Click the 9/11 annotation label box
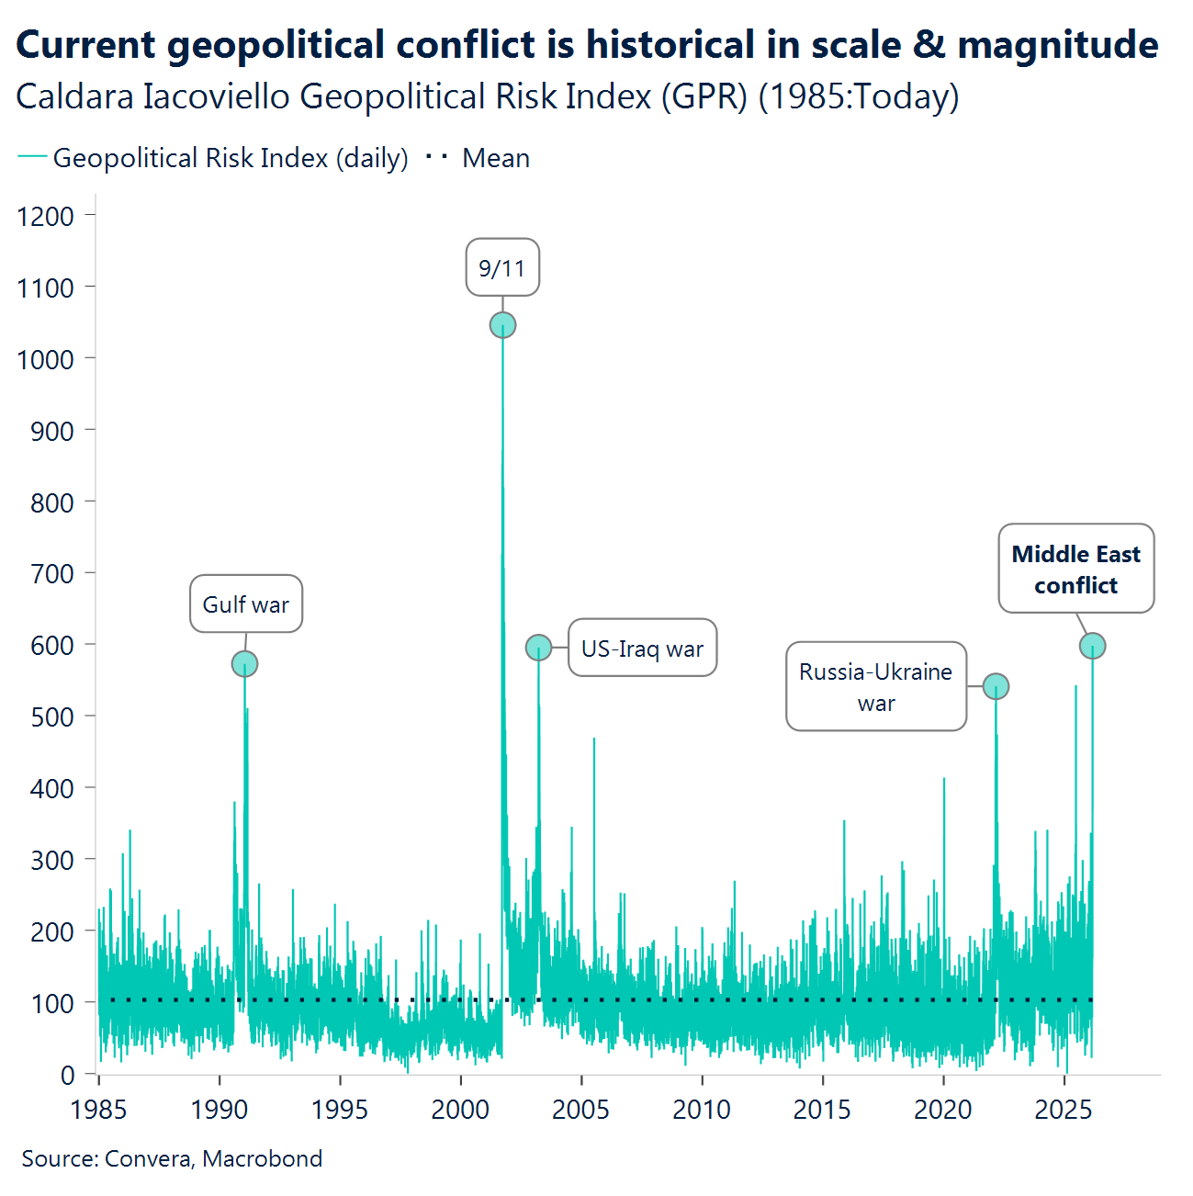coord(502,267)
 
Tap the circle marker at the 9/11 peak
coord(502,325)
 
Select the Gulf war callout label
coord(246,604)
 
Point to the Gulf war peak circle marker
coord(244,663)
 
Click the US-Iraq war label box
coord(642,649)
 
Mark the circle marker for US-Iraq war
coord(538,648)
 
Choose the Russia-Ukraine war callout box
coord(875,687)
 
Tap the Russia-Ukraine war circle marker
coord(996,686)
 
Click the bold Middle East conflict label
coord(1075,570)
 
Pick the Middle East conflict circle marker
coord(1092,646)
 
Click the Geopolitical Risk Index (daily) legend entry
coord(230,158)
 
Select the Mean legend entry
coord(495,158)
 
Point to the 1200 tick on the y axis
coord(46,216)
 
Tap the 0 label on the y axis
coord(67,1074)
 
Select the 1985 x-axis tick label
coord(98,1110)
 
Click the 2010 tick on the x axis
coord(702,1110)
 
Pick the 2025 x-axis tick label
coord(1064,1110)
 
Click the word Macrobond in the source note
coord(263,1158)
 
